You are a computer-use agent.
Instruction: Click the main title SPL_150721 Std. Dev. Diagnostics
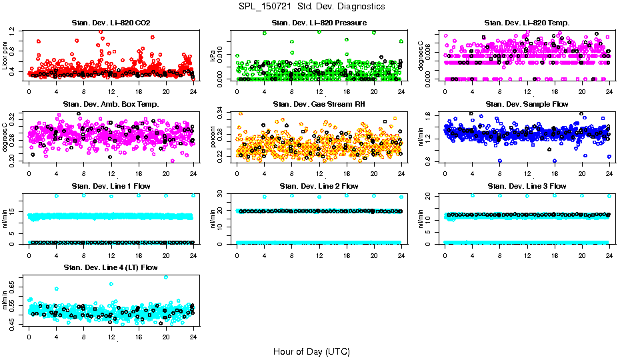(311, 7)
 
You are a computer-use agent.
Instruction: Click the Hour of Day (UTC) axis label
(311, 351)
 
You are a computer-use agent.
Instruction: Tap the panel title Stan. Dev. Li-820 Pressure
(319, 23)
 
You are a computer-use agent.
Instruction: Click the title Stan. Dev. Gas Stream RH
(319, 105)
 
